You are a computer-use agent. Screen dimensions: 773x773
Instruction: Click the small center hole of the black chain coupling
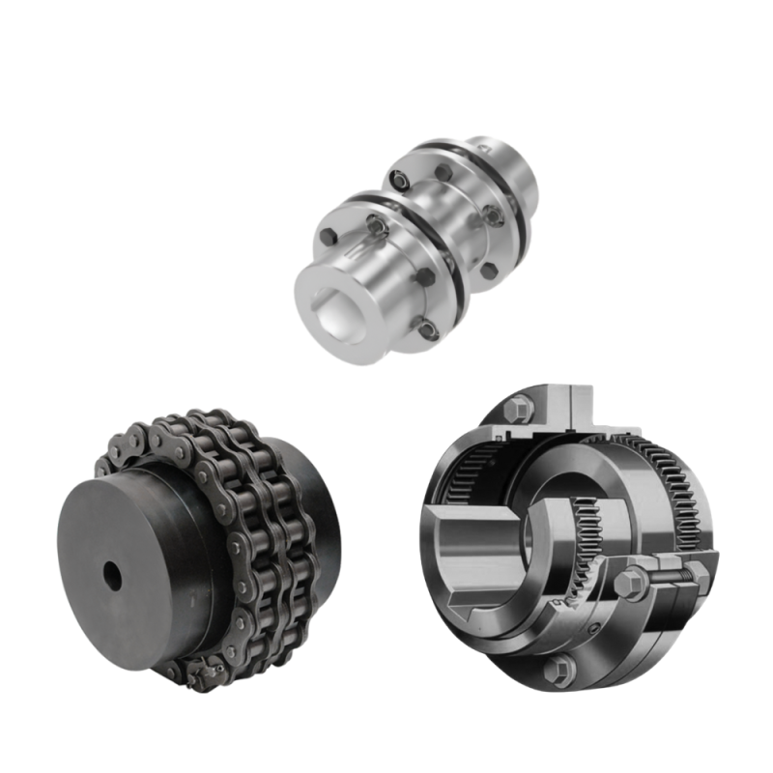(114, 578)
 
